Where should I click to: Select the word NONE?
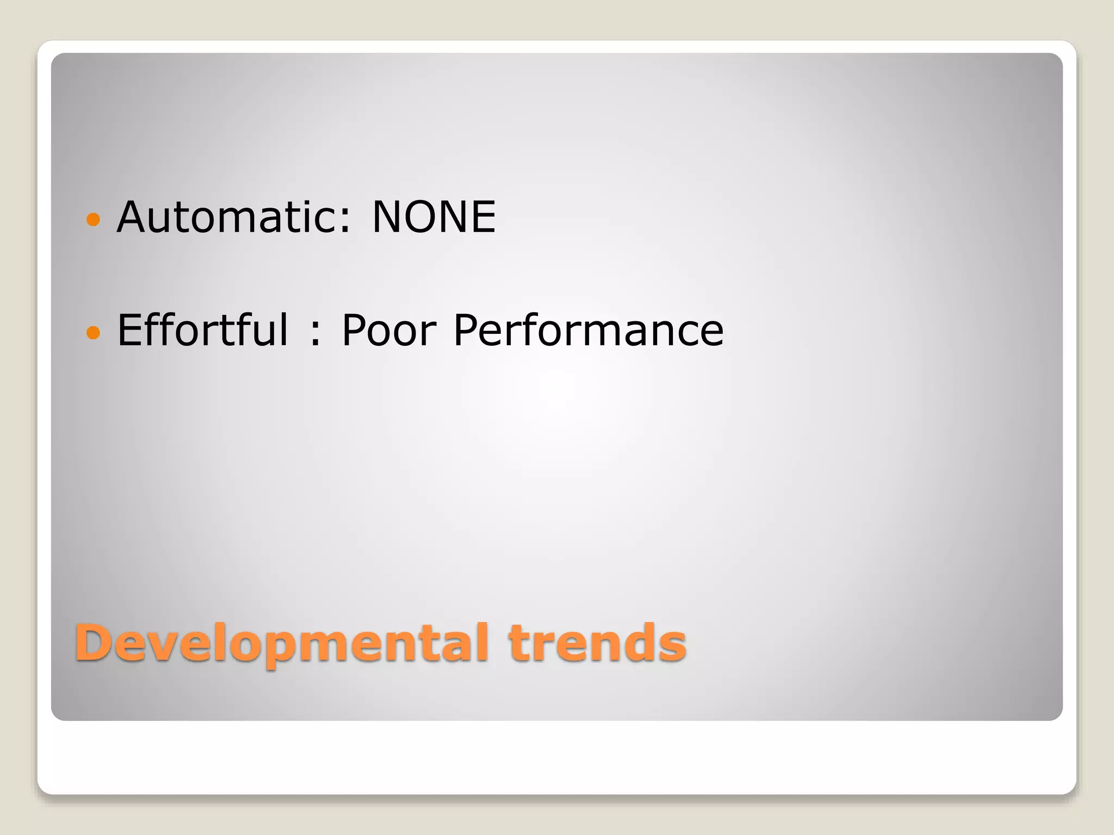coord(434,217)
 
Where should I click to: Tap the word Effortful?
coord(202,330)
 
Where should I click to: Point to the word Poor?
coord(388,330)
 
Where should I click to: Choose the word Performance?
coord(588,330)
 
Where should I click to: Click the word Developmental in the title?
coord(282,643)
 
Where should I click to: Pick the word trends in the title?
coord(597,643)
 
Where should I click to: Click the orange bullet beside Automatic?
coord(94,219)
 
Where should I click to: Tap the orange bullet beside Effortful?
coord(94,332)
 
